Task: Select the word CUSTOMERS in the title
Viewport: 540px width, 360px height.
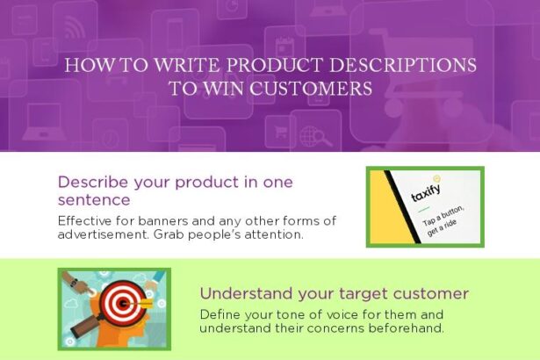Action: [309, 89]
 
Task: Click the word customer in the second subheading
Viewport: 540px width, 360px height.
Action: [428, 293]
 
